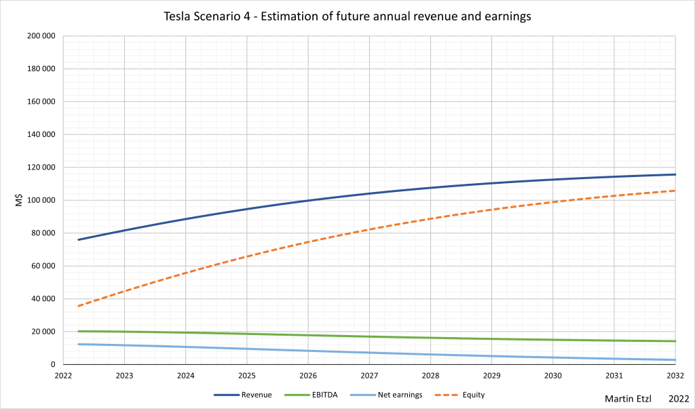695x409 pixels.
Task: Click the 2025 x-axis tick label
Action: click(247, 376)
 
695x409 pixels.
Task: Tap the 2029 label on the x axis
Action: click(491, 376)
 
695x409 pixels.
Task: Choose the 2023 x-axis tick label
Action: click(125, 376)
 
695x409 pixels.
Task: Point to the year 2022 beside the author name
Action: click(678, 398)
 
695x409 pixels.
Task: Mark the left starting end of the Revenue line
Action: click(79, 239)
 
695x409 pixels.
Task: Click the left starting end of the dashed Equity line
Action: click(79, 306)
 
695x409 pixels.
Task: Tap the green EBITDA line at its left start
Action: click(79, 331)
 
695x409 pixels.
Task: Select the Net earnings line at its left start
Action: click(79, 344)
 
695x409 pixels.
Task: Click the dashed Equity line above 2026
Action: click(308, 241)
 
